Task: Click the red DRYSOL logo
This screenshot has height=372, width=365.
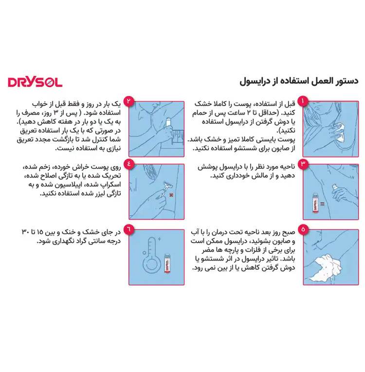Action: click(x=35, y=82)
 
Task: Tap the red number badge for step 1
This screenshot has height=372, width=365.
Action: click(x=303, y=101)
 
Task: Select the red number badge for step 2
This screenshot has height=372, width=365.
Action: click(x=128, y=101)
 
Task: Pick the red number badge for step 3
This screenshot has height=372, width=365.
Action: click(x=303, y=164)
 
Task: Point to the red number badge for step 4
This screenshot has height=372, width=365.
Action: click(x=128, y=164)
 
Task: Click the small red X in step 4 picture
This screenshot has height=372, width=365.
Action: click(x=171, y=195)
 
